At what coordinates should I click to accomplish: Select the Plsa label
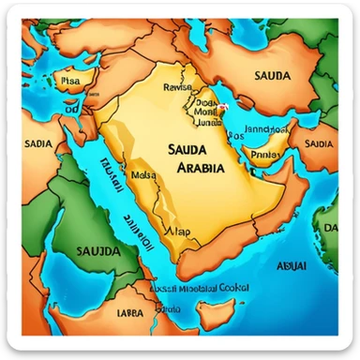[x=70, y=82]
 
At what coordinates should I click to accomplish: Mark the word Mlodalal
[x=196, y=291]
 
